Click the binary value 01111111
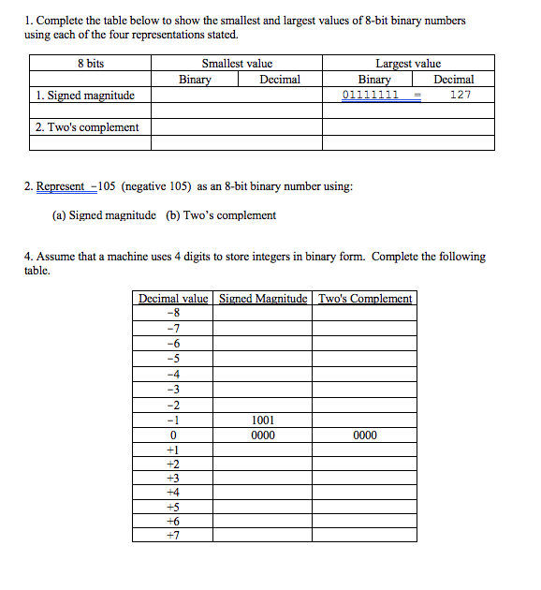click(x=371, y=96)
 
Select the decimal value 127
click(x=460, y=96)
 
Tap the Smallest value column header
click(x=237, y=64)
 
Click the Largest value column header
click(x=408, y=64)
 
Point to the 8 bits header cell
click(x=91, y=64)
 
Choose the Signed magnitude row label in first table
click(x=84, y=96)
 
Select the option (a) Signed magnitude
click(x=104, y=215)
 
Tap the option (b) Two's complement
click(x=221, y=215)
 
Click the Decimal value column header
click(x=174, y=299)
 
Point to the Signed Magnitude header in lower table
click(x=263, y=299)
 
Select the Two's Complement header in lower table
click(x=365, y=299)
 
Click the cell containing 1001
click(x=263, y=420)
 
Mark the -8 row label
click(x=172, y=313)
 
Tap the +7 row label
click(x=172, y=535)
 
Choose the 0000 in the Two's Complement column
click(x=365, y=435)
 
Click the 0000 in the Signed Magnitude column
click(x=263, y=435)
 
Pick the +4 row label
click(x=172, y=492)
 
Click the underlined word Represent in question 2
click(x=60, y=186)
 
